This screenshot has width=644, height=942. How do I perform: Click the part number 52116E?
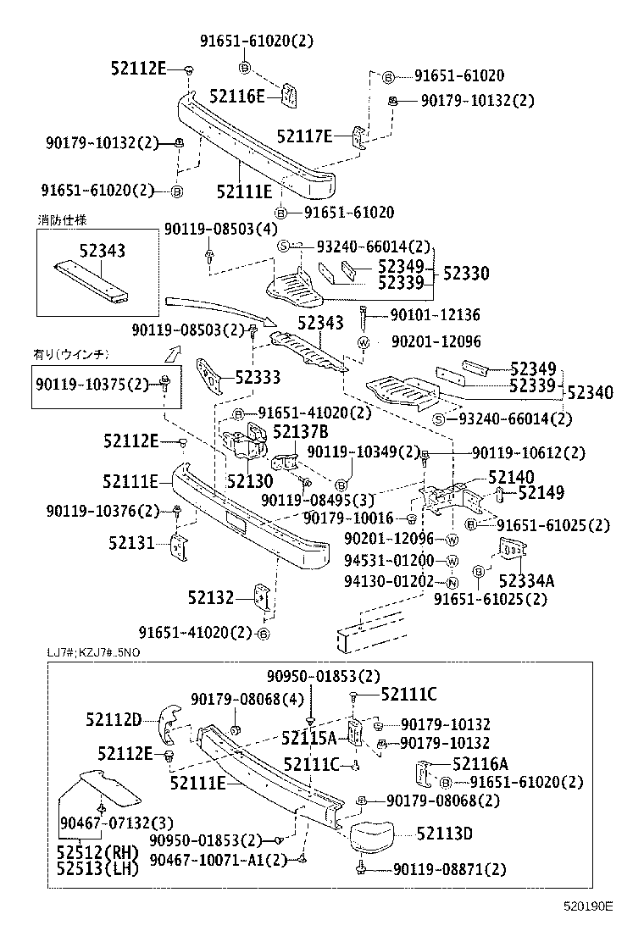pos(237,97)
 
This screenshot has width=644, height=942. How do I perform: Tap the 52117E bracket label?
pos(305,134)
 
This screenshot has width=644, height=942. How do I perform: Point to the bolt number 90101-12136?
pos(435,315)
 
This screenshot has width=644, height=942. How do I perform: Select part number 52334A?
pos(526,580)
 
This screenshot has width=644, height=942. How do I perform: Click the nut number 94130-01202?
pos(389,581)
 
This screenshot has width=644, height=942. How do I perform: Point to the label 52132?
pos(210,598)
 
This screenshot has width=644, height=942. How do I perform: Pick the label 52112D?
pos(113,719)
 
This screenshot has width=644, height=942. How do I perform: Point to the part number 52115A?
pos(308,736)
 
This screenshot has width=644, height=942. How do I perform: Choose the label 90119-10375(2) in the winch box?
pos(92,385)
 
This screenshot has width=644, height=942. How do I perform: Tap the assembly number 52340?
pos(590,392)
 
